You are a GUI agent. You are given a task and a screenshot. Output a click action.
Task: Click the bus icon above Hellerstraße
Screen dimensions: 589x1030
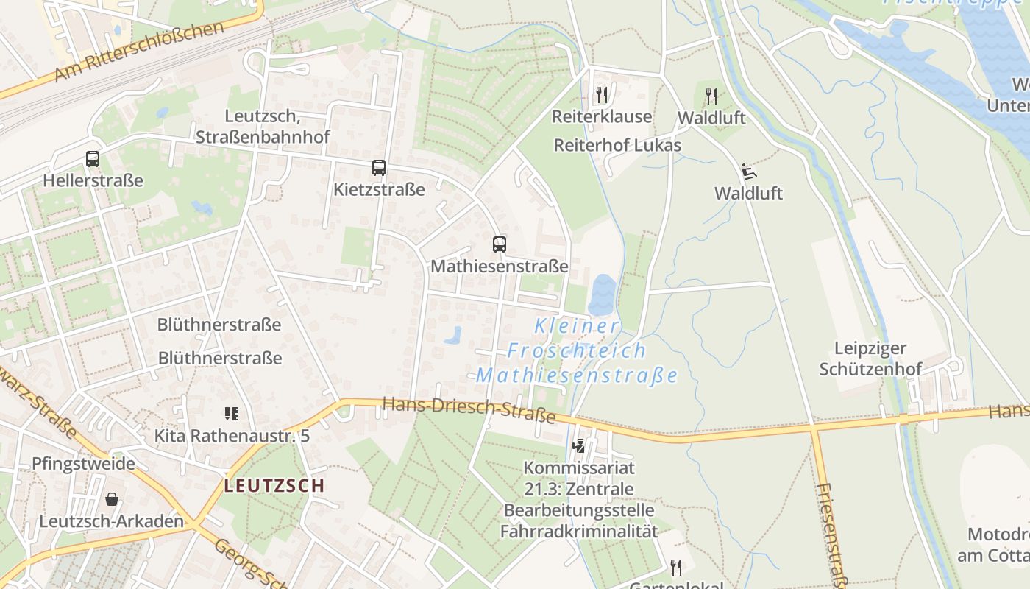click(x=93, y=158)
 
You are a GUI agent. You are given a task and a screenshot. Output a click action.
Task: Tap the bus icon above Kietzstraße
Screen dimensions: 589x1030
click(x=378, y=168)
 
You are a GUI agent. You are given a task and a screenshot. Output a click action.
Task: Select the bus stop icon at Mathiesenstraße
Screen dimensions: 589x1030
click(x=499, y=244)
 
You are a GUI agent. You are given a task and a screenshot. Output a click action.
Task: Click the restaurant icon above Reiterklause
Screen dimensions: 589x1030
click(x=601, y=94)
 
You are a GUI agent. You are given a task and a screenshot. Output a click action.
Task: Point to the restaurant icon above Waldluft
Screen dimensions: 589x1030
click(x=711, y=96)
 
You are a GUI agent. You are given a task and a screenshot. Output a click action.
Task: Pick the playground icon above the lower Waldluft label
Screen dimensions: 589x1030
click(x=749, y=172)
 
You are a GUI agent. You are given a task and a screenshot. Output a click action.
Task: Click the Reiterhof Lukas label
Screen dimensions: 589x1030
click(x=617, y=145)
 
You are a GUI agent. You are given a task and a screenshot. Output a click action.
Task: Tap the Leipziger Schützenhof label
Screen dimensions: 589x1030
click(x=870, y=358)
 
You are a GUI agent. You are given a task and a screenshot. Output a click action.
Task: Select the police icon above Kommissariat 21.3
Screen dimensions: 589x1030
click(x=579, y=445)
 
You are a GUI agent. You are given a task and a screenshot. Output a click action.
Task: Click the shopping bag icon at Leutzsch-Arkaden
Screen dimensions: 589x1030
click(x=112, y=499)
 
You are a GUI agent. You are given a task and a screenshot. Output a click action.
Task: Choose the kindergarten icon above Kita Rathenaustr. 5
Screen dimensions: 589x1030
click(x=232, y=414)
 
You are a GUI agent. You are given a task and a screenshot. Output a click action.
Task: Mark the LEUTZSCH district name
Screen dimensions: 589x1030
click(x=274, y=485)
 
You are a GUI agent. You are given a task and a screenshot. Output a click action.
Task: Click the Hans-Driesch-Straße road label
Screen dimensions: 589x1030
click(x=469, y=409)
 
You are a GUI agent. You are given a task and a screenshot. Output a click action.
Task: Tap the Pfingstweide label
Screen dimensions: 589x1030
click(x=83, y=464)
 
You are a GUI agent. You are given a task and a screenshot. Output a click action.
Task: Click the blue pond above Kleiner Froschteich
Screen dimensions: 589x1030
click(x=602, y=294)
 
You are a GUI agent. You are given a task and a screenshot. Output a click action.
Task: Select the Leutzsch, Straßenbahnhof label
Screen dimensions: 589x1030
click(x=263, y=126)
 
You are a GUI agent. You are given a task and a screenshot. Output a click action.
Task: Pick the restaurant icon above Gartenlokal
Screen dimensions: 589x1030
click(x=675, y=567)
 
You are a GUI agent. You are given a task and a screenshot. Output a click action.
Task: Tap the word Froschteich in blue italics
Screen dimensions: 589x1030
click(x=577, y=350)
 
